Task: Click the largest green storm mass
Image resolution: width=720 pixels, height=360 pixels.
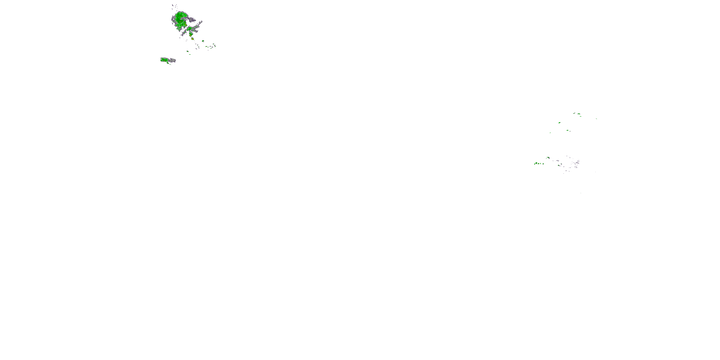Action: point(180,19)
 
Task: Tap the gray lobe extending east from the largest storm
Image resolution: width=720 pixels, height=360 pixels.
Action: point(192,20)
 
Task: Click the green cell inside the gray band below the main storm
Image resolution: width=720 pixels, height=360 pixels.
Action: point(190,29)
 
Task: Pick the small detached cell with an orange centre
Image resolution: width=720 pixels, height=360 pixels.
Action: point(192,39)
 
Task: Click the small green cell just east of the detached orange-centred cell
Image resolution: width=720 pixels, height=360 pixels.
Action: point(203,41)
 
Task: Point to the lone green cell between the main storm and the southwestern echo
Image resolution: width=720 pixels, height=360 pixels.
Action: point(187,51)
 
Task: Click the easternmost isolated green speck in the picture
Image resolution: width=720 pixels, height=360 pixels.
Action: point(596,119)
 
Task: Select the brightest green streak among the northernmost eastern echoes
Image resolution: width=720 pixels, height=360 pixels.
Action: point(578,114)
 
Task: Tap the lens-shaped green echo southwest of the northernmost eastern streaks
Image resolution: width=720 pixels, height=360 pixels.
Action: point(559,123)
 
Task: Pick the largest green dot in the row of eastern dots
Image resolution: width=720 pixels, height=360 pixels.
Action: point(536,163)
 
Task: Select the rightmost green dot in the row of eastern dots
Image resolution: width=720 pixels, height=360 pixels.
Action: point(543,163)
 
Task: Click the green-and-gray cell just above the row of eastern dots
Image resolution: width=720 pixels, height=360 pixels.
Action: point(548,158)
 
